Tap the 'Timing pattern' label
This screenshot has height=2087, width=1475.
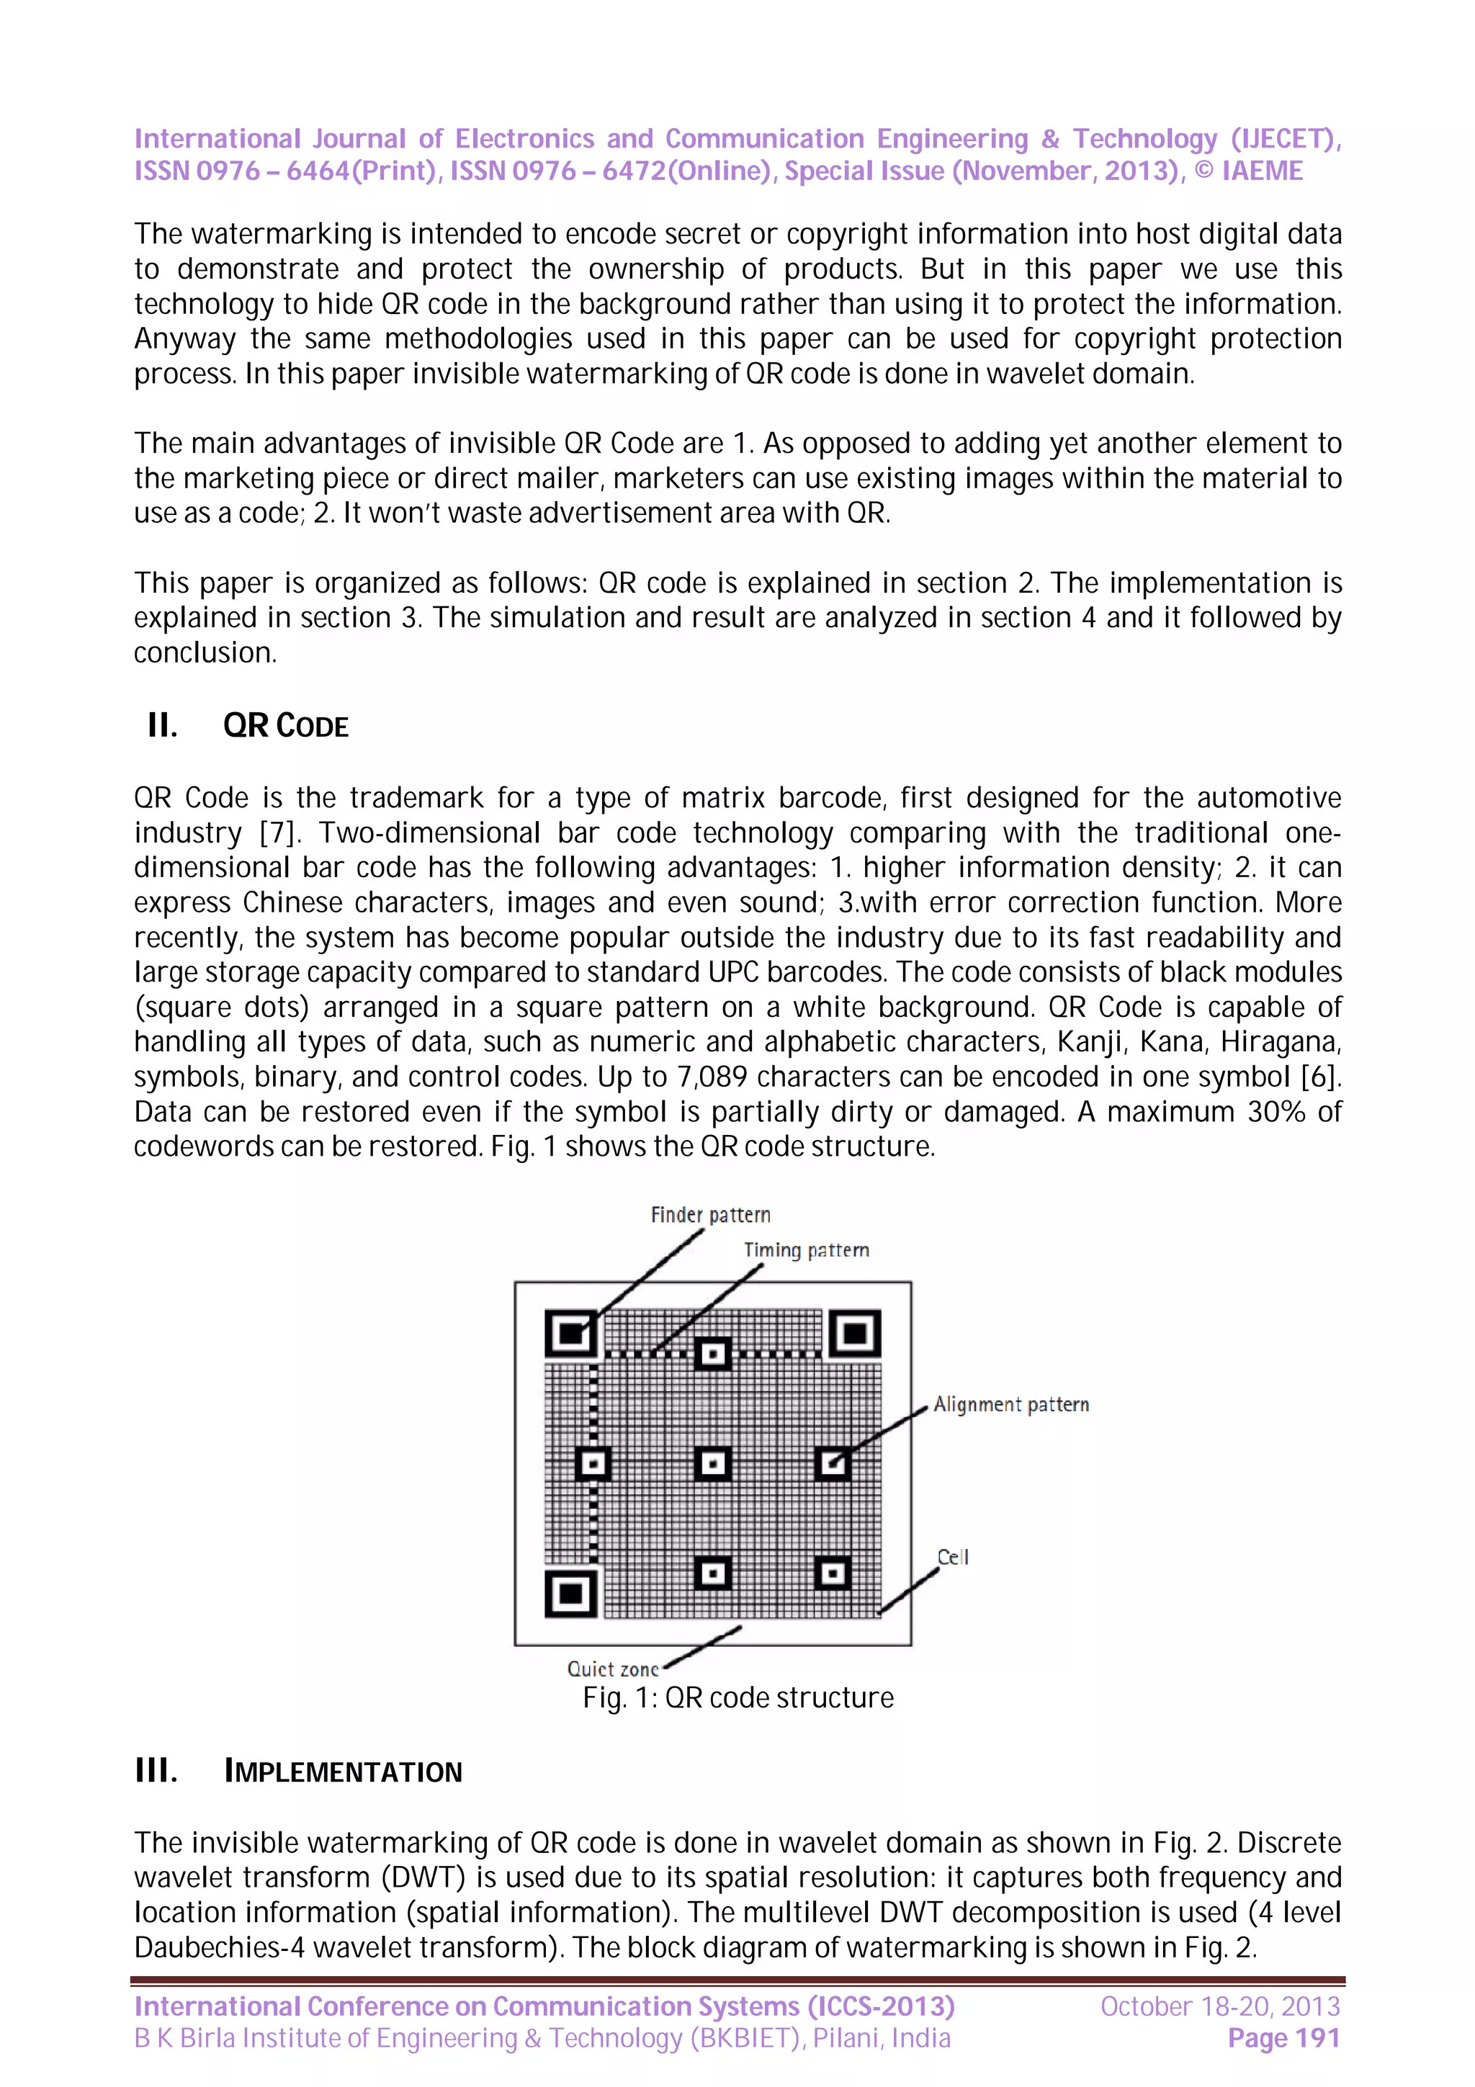pyautogui.click(x=805, y=1250)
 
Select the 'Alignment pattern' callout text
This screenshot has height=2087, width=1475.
pyautogui.click(x=1010, y=1404)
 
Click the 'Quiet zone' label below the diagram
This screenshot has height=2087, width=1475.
pyautogui.click(x=611, y=1669)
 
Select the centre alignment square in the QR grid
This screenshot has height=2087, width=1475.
pyautogui.click(x=712, y=1463)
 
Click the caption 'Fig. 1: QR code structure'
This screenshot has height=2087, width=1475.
pyautogui.click(x=738, y=1697)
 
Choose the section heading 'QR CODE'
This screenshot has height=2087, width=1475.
pyautogui.click(x=285, y=726)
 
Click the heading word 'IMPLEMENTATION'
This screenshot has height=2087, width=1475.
pyautogui.click(x=343, y=1772)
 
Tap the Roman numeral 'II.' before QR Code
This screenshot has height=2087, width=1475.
pyautogui.click(x=162, y=726)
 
